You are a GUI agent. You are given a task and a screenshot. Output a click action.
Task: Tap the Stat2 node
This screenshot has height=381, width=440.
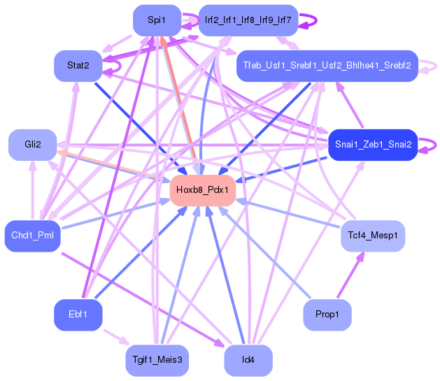point(78,66)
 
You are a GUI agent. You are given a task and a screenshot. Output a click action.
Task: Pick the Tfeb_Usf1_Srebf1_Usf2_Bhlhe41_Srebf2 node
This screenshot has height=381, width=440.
point(327,66)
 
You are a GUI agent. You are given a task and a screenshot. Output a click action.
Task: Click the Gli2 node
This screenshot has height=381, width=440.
point(32,145)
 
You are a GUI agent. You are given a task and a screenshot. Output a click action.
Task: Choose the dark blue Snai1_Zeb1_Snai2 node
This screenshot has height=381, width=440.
point(373,145)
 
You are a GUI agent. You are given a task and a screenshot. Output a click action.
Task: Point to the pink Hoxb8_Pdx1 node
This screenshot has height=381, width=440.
point(202,190)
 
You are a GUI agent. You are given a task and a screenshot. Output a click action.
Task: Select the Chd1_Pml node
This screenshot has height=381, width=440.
point(32,236)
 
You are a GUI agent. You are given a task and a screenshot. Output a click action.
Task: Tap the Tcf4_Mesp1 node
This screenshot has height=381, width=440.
point(373,236)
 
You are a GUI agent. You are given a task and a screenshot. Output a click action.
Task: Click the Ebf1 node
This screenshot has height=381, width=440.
point(78,315)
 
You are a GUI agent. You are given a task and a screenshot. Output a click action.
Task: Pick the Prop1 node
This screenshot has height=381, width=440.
point(327,315)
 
